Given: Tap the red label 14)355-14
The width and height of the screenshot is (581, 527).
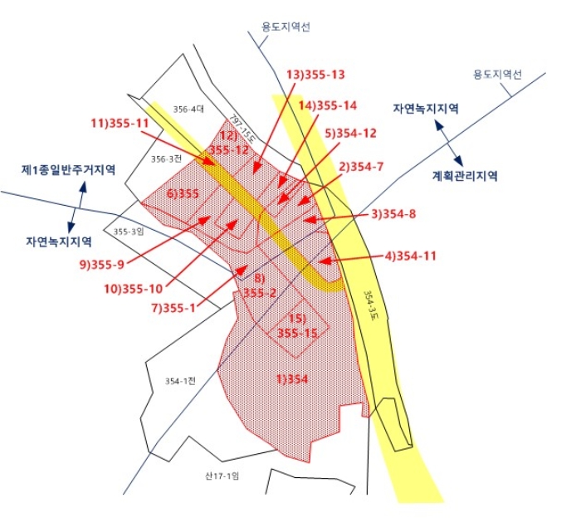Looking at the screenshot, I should [x=328, y=105].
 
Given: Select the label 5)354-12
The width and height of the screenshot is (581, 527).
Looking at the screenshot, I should [x=351, y=133].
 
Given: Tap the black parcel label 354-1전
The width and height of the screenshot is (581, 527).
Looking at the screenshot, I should [x=178, y=381].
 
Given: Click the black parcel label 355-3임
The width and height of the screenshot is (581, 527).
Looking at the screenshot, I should [x=129, y=232].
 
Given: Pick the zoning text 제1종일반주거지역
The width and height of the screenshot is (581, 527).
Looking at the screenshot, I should [x=68, y=169].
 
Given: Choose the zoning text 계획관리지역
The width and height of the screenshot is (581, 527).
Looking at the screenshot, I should [x=464, y=176].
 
